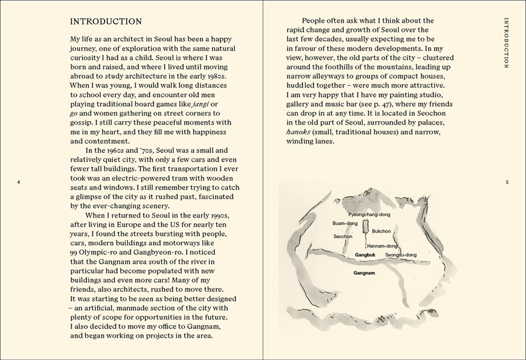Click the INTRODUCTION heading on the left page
pyautogui.click(x=106, y=22)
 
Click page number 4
pyautogui.click(x=19, y=182)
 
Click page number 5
pyautogui.click(x=507, y=182)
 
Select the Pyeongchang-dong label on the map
pyautogui.click(x=369, y=214)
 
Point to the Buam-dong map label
pyautogui.click(x=345, y=223)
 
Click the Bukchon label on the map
pyautogui.click(x=381, y=231)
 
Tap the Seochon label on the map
pyautogui.click(x=343, y=236)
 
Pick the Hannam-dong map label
pyautogui.click(x=382, y=246)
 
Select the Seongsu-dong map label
pyautogui.click(x=401, y=255)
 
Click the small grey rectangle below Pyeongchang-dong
pyautogui.click(x=365, y=227)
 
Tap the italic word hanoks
pyautogui.click(x=298, y=133)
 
